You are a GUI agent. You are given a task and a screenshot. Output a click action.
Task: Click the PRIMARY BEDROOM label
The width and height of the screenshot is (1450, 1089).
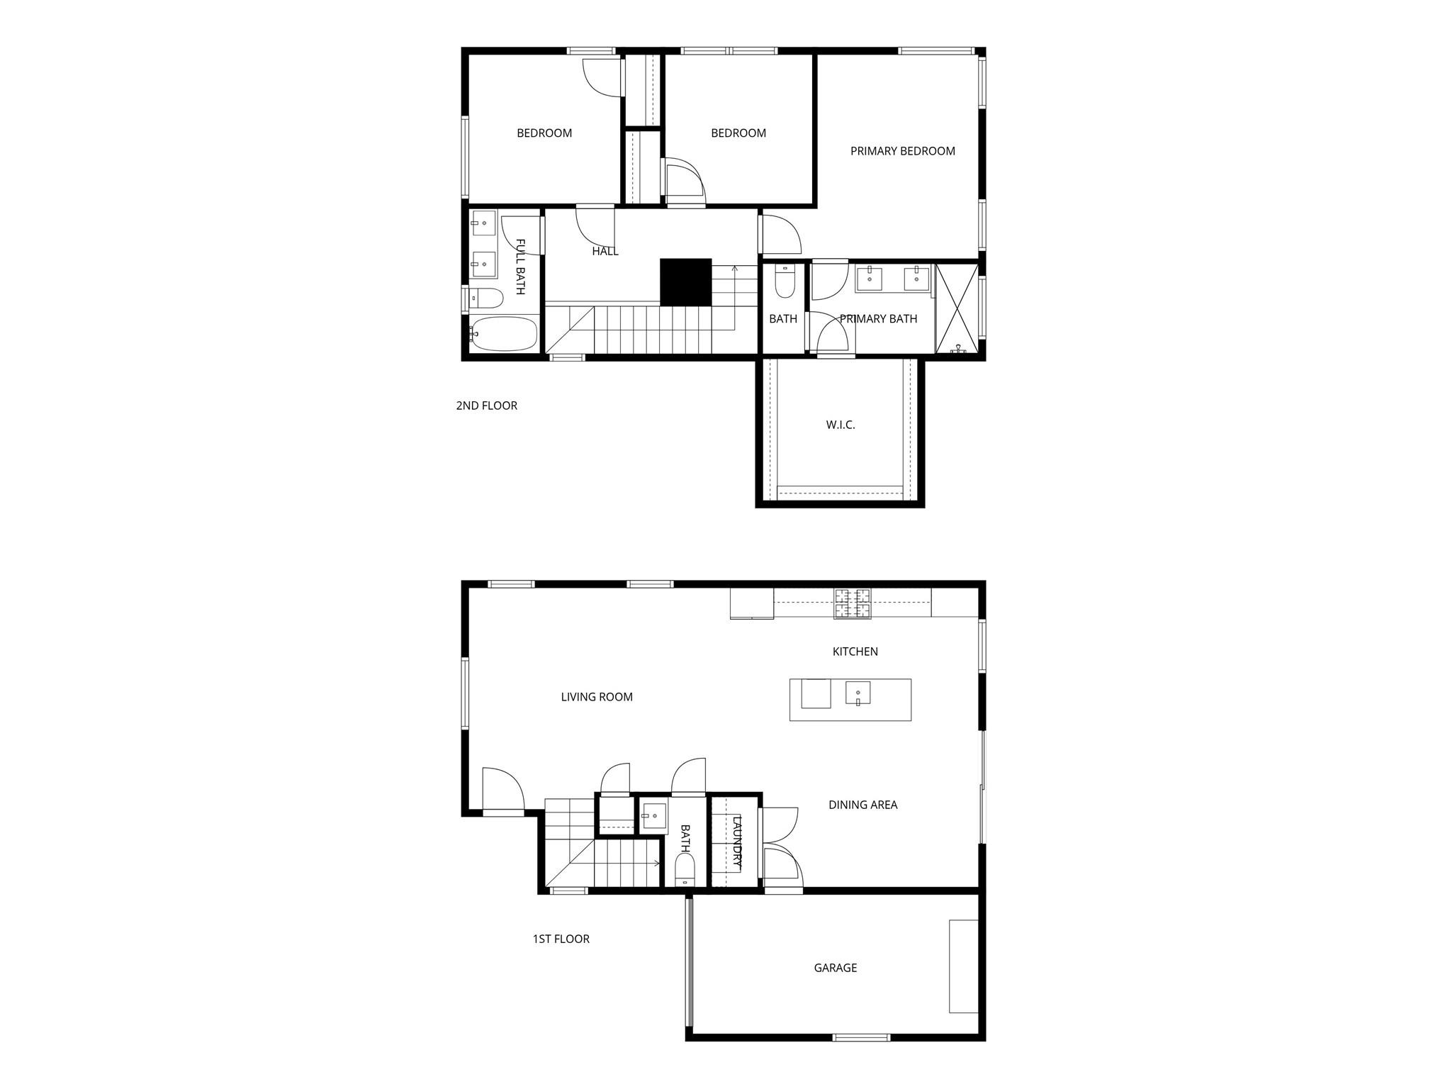point(902,151)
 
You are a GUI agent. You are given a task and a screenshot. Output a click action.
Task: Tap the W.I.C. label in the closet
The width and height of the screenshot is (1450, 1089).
point(841,425)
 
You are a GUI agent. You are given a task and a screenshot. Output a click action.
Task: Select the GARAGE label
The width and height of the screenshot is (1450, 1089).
point(835,968)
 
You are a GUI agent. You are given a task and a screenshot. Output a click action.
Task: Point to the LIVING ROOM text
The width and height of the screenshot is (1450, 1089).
point(597,697)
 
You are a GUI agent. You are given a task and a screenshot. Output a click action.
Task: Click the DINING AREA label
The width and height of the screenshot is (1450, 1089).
point(862,805)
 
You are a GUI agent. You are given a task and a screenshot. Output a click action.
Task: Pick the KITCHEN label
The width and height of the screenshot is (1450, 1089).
point(855,652)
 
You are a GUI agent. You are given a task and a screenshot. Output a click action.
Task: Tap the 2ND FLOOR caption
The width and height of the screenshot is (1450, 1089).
point(486,406)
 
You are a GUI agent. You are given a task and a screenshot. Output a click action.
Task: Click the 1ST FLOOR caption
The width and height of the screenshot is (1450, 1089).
point(561,939)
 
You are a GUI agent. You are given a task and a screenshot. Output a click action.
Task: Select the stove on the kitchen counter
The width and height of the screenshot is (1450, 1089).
point(852,604)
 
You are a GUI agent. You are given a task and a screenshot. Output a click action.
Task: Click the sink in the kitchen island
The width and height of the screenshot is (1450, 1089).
point(858,693)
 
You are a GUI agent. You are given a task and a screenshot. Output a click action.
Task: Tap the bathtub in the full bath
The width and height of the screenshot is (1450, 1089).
point(504,333)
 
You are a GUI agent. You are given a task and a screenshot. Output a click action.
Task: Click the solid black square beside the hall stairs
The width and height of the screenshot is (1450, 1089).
point(685,281)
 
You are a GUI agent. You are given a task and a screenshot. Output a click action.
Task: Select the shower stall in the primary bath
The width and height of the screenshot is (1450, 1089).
point(956,308)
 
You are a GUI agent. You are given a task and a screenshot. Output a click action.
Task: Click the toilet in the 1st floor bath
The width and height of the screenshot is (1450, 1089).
point(685,869)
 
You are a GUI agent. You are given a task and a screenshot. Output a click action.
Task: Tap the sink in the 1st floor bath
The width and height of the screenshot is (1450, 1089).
point(653,816)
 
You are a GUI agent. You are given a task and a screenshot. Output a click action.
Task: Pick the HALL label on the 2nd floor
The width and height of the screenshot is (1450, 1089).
point(605,251)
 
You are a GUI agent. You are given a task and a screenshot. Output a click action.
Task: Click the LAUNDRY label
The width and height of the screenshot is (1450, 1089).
point(737,843)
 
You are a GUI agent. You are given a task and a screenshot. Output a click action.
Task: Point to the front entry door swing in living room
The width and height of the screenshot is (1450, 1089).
point(502,788)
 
